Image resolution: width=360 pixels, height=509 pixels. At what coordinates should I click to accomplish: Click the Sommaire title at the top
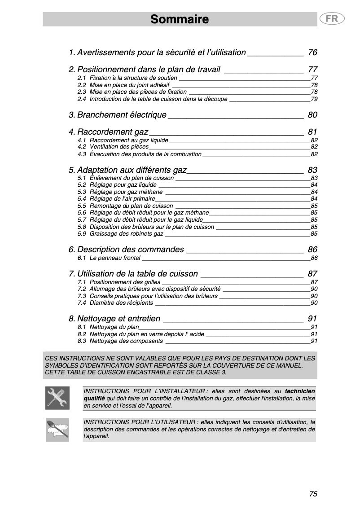tap(180, 19)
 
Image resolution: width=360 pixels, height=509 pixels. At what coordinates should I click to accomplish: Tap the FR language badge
tap(332, 19)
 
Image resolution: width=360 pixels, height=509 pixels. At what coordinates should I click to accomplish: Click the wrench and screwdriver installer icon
tap(57, 398)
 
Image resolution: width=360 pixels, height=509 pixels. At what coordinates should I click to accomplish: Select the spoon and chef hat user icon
tap(57, 430)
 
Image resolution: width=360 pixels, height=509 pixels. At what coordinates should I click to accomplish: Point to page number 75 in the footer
tap(313, 494)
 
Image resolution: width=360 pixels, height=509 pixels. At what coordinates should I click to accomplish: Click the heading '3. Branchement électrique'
tap(118, 115)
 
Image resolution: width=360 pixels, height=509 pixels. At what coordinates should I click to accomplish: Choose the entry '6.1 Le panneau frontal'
tap(109, 258)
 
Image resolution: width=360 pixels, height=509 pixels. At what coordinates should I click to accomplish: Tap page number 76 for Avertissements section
tap(312, 53)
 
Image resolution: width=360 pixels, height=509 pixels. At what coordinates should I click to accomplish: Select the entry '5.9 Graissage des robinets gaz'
tap(120, 234)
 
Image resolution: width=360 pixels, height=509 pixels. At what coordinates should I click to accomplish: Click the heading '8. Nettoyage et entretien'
tap(114, 319)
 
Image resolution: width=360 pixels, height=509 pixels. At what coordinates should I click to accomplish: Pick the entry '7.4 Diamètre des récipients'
tap(115, 303)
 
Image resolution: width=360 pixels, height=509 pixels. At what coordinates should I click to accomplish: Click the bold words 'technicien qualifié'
tap(299, 391)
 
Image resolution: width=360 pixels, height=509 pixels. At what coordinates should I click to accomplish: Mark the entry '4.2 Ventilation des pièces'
tap(113, 147)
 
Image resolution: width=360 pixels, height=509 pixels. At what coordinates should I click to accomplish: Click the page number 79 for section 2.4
tap(314, 99)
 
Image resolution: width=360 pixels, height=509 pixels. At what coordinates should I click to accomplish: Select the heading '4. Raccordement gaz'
tap(108, 132)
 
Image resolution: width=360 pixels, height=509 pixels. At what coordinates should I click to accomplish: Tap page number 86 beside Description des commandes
tap(312, 250)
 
